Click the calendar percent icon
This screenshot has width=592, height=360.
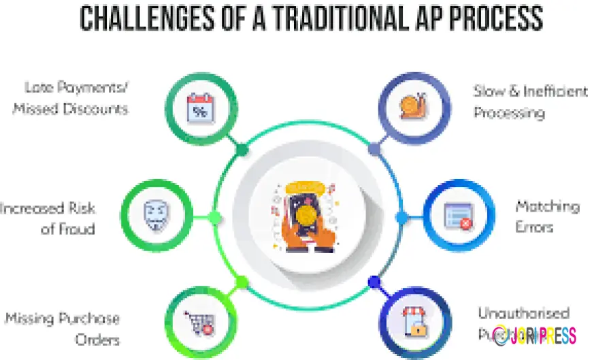click(x=200, y=109)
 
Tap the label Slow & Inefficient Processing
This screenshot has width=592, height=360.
click(x=529, y=101)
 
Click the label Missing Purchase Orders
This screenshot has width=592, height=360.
click(x=63, y=328)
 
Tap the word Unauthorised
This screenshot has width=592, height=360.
click(x=523, y=314)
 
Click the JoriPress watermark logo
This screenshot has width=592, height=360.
click(x=534, y=335)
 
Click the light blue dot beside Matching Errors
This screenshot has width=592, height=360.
click(x=401, y=217)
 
